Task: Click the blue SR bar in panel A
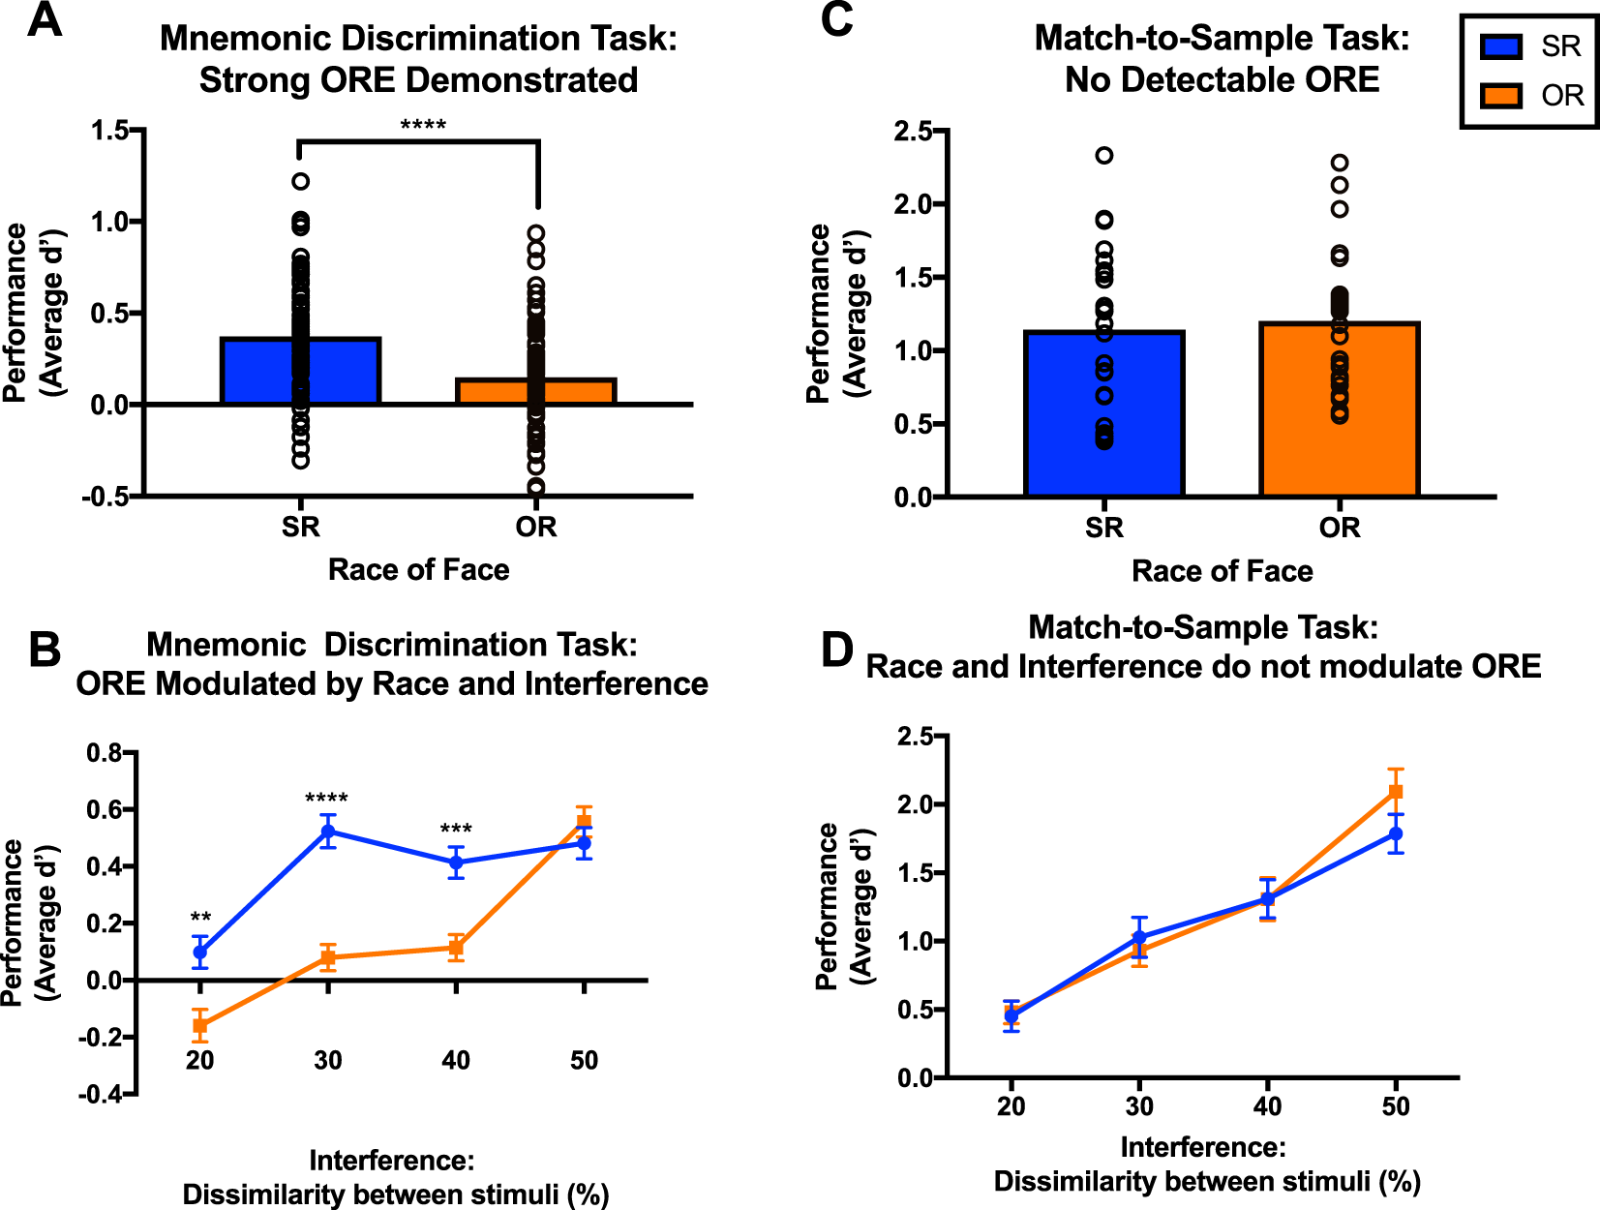click(x=252, y=372)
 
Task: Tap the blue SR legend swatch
click(x=1501, y=46)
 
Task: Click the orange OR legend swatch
click(x=1501, y=95)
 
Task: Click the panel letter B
click(x=44, y=650)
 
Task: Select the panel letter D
click(x=836, y=650)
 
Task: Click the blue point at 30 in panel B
click(x=328, y=832)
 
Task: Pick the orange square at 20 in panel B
click(x=200, y=1025)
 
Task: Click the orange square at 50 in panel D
click(x=1396, y=792)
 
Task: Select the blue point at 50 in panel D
click(x=1396, y=833)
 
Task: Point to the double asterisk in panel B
click(x=200, y=918)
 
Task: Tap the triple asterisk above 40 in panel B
click(x=456, y=830)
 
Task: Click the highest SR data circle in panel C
click(x=1104, y=155)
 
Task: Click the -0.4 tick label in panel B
click(x=104, y=1095)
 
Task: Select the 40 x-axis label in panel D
click(x=1267, y=1106)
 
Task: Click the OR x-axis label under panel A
click(x=536, y=527)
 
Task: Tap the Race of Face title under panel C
click(x=1223, y=571)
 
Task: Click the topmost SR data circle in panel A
click(x=301, y=181)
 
